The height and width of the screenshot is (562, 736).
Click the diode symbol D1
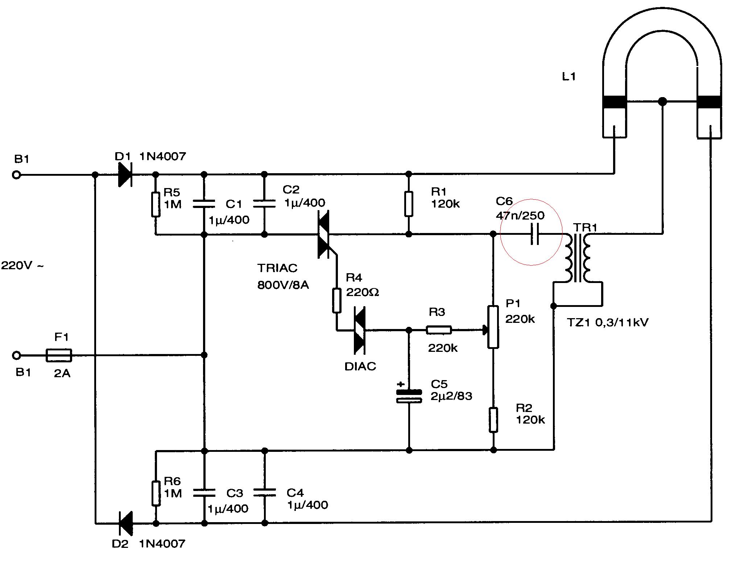(x=125, y=175)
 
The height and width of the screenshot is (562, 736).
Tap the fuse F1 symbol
(x=59, y=355)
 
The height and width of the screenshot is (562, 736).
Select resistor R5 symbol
(x=156, y=204)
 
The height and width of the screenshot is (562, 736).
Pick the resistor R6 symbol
(x=156, y=493)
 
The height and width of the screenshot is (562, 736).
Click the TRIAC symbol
(x=324, y=234)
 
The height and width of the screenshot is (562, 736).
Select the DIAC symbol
(x=359, y=330)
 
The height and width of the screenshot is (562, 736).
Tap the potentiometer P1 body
(x=493, y=327)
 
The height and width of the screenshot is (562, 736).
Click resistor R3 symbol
(x=439, y=330)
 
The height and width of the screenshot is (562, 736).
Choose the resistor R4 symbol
(x=337, y=300)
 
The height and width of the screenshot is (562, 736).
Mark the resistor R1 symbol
(x=409, y=204)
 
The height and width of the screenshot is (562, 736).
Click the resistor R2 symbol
(x=493, y=420)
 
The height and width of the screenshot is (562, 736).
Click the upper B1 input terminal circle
(x=16, y=175)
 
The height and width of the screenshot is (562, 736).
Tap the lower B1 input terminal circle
(x=16, y=355)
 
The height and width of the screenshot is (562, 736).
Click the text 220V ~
(x=22, y=266)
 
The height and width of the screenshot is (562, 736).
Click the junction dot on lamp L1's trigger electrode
(x=662, y=101)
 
